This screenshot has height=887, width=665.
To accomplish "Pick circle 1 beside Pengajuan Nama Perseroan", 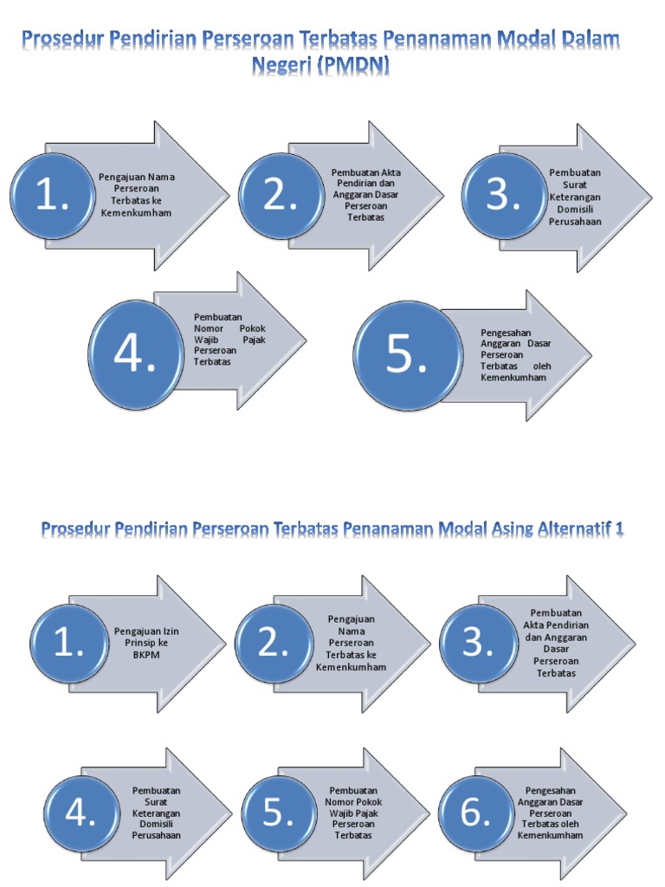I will click(52, 196).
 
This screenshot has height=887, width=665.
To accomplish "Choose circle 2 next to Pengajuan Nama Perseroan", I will click(273, 642).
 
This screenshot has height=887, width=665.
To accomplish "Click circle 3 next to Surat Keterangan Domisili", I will click(502, 197).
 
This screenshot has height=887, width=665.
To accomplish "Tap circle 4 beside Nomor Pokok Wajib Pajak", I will click(135, 353).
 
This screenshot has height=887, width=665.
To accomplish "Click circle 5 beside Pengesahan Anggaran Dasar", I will click(406, 353).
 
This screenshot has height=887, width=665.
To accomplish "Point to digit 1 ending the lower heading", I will click(618, 528).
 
